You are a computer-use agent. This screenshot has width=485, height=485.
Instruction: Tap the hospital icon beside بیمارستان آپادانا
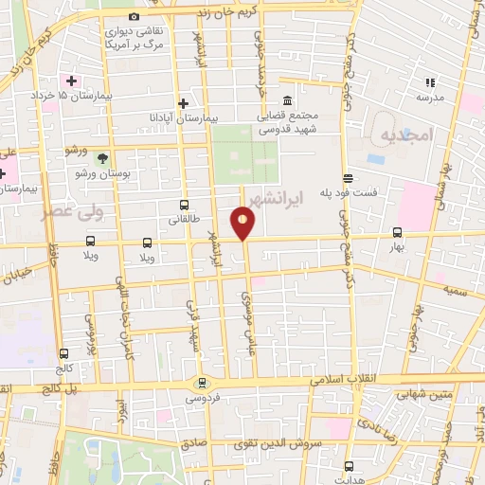click(x=184, y=103)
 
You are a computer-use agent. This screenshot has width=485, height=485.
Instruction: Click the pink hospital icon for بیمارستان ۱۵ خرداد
click(x=71, y=81)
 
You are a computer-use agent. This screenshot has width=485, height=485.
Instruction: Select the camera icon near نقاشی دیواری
click(x=134, y=17)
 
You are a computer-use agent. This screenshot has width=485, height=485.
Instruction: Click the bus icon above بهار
click(x=397, y=232)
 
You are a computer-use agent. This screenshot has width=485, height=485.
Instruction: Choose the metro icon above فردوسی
click(x=201, y=384)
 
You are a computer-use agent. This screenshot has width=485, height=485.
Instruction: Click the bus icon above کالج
click(x=63, y=353)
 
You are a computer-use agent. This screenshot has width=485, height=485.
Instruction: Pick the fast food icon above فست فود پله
click(x=349, y=177)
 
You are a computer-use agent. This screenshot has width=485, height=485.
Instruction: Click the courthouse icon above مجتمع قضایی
click(x=287, y=102)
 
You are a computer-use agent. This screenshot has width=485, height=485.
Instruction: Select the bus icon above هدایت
click(x=349, y=465)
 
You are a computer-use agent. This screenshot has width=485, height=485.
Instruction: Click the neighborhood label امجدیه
click(x=399, y=136)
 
